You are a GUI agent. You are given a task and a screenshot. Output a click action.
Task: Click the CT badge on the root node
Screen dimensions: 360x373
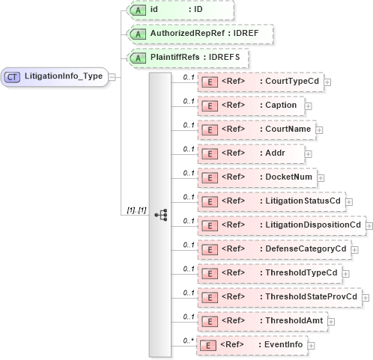click(x=13, y=76)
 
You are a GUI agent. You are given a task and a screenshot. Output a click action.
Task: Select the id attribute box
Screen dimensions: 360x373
click(x=180, y=10)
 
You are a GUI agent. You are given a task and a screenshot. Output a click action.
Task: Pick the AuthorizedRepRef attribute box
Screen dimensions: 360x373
click(x=198, y=34)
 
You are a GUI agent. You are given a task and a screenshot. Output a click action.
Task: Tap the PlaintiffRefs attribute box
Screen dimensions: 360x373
click(x=186, y=58)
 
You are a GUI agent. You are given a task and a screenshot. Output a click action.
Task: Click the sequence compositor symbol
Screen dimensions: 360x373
click(x=160, y=214)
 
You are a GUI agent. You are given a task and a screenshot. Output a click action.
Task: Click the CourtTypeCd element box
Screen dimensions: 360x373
click(x=260, y=82)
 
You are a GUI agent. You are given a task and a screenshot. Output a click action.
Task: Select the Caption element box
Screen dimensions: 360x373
click(x=250, y=106)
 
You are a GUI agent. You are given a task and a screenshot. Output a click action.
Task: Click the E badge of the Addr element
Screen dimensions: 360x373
click(x=211, y=153)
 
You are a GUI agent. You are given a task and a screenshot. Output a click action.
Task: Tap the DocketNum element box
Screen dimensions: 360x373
click(x=257, y=177)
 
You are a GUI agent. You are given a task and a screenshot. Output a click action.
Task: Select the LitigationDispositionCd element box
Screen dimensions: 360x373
click(x=281, y=225)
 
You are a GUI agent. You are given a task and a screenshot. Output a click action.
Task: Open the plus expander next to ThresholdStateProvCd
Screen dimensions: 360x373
click(x=366, y=298)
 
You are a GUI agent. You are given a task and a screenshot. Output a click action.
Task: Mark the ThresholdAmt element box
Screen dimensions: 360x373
click(x=261, y=321)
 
